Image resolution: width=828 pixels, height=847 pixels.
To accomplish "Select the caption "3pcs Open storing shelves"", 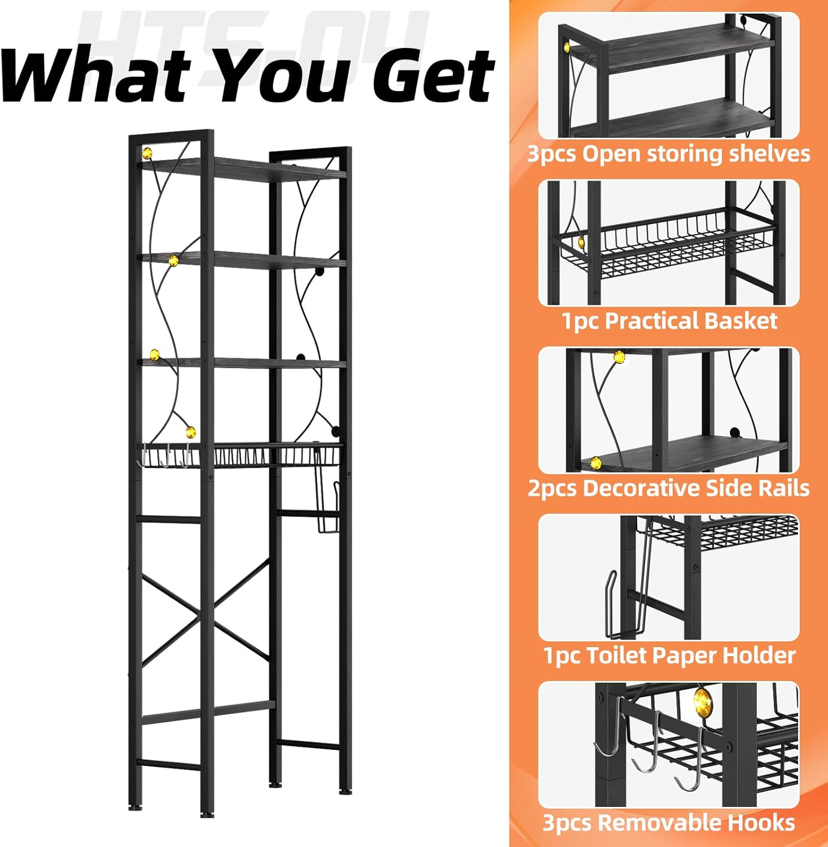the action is click(x=669, y=154).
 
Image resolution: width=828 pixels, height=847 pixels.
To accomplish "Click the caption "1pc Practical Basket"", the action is click(x=669, y=321).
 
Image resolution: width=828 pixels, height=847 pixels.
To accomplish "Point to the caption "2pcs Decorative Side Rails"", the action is click(x=669, y=488).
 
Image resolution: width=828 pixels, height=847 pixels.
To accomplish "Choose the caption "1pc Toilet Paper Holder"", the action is click(x=669, y=656).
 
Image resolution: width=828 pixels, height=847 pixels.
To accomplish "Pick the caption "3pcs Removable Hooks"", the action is click(x=669, y=823).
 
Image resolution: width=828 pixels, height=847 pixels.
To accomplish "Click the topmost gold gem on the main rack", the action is click(x=147, y=152).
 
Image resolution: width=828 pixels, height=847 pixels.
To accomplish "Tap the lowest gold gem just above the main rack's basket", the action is click(x=191, y=433).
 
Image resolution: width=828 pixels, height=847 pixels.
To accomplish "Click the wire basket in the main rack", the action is click(x=239, y=456).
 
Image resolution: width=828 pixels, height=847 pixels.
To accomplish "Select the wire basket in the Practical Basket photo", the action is click(x=669, y=246).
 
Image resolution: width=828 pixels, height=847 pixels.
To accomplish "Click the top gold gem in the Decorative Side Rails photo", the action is click(x=619, y=357).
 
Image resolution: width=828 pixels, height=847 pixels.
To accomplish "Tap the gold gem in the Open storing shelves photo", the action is click(x=566, y=47).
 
